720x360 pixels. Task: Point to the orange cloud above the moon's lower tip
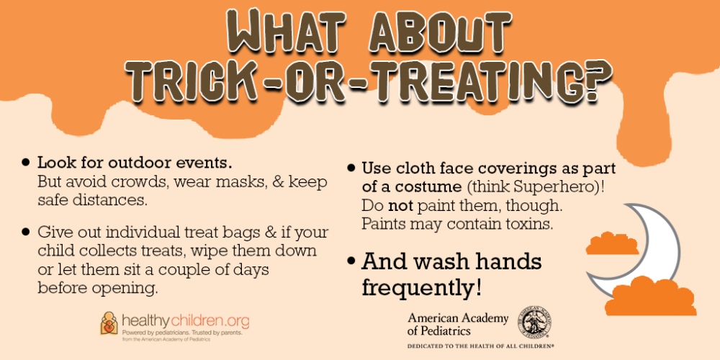612,244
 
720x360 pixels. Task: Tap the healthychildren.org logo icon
109,323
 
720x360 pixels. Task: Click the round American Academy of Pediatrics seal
535,322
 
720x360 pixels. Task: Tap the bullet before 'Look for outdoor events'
26,163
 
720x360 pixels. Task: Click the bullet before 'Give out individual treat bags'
26,233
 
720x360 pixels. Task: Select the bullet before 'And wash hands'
351,262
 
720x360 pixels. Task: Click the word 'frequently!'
422,287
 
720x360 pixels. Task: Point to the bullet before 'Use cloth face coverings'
351,168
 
